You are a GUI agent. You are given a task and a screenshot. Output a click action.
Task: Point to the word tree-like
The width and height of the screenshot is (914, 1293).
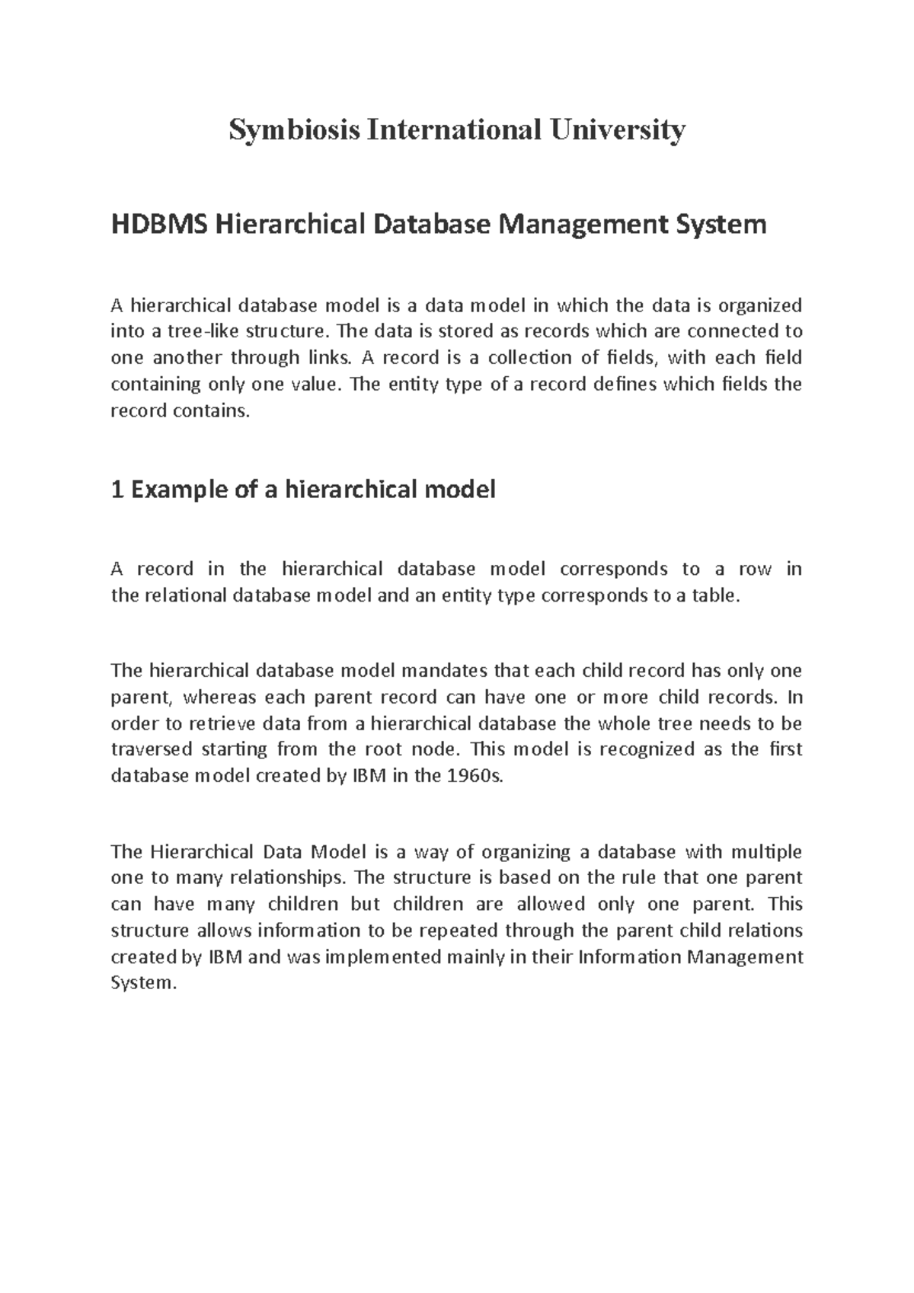click(184, 332)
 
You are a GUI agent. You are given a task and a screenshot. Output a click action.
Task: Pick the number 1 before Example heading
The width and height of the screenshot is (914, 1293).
click(117, 489)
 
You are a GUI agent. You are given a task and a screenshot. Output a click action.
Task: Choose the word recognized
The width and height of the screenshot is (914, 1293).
click(647, 749)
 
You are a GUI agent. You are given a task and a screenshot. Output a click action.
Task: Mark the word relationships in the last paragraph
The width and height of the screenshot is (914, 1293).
click(296, 878)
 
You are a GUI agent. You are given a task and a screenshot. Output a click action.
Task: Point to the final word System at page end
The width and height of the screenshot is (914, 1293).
click(142, 983)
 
